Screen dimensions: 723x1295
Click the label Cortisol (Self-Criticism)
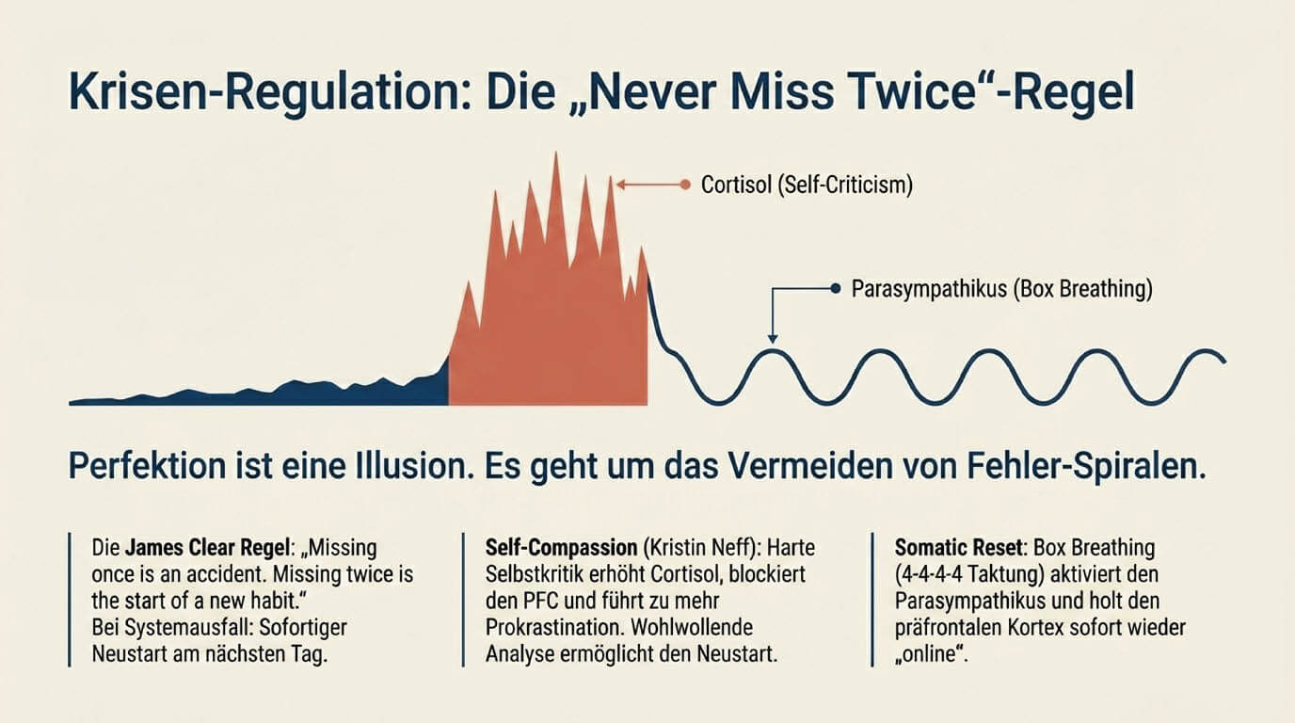click(x=807, y=185)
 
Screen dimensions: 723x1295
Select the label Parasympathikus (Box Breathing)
click(x=1001, y=290)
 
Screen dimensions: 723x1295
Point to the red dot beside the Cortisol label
click(x=685, y=185)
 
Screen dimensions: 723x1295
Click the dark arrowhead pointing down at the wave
click(x=772, y=339)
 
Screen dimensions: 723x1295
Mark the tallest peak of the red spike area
click(x=555, y=156)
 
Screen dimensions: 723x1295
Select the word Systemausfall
click(x=175, y=628)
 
